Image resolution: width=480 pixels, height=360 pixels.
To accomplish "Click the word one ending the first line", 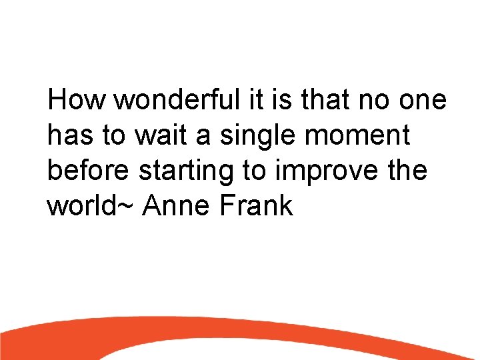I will [425, 101].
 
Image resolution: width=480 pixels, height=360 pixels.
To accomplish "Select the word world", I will [84, 205].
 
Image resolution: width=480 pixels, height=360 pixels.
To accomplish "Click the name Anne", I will [177, 205].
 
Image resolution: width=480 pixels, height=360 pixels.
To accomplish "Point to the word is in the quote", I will [281, 101].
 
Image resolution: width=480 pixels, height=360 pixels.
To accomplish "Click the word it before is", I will [257, 101].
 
